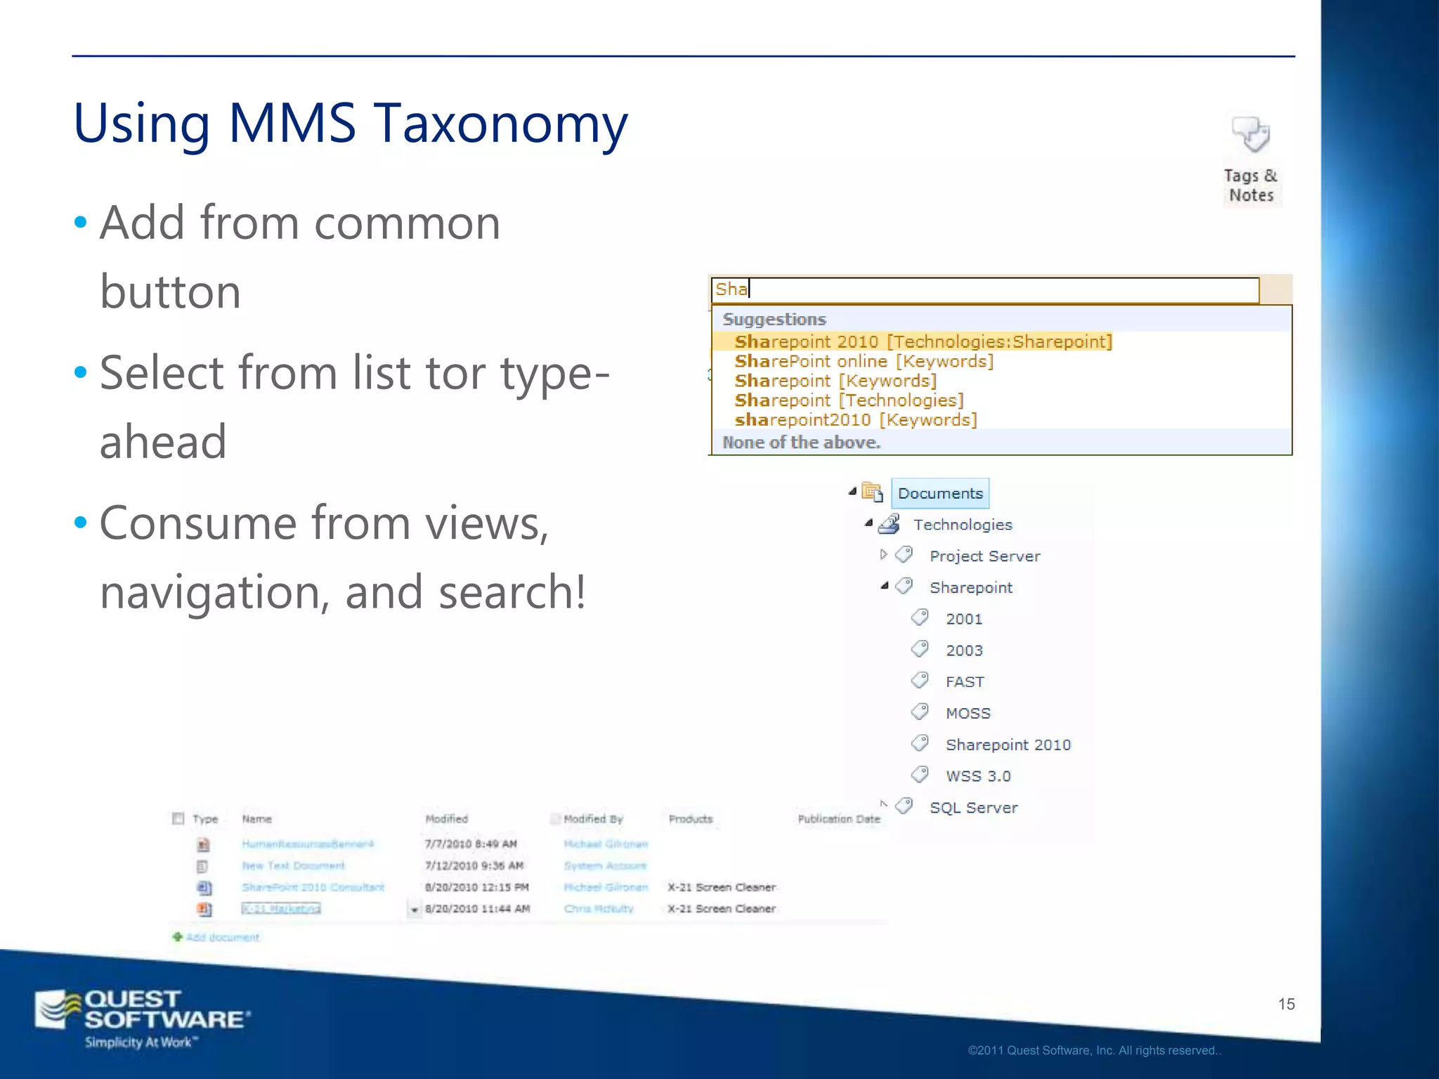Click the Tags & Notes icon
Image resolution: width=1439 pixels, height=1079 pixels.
1251,135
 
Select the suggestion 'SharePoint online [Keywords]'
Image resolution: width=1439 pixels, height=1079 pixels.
864,361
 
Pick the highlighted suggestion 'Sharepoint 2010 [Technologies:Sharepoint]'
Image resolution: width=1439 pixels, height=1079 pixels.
923,342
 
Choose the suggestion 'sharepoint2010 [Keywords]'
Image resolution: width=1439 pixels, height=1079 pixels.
855,420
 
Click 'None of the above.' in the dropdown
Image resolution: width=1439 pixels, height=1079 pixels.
801,443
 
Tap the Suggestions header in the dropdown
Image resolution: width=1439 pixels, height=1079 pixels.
774,320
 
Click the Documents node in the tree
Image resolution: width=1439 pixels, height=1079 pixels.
940,493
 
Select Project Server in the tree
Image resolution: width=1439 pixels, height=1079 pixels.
984,556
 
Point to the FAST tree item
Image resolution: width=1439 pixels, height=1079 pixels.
965,682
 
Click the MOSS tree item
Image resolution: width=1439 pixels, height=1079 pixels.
968,714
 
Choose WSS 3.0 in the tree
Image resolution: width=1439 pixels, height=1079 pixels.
978,776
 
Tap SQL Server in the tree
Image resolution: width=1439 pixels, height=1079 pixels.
973,808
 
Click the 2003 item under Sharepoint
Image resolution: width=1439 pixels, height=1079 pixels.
964,650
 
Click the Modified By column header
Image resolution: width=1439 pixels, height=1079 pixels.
593,819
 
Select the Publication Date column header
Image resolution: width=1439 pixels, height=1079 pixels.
839,819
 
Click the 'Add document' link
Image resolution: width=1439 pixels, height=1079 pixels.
222,937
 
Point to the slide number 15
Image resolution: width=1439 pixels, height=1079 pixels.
1286,1004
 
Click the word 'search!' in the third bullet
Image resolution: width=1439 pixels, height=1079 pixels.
512,592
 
